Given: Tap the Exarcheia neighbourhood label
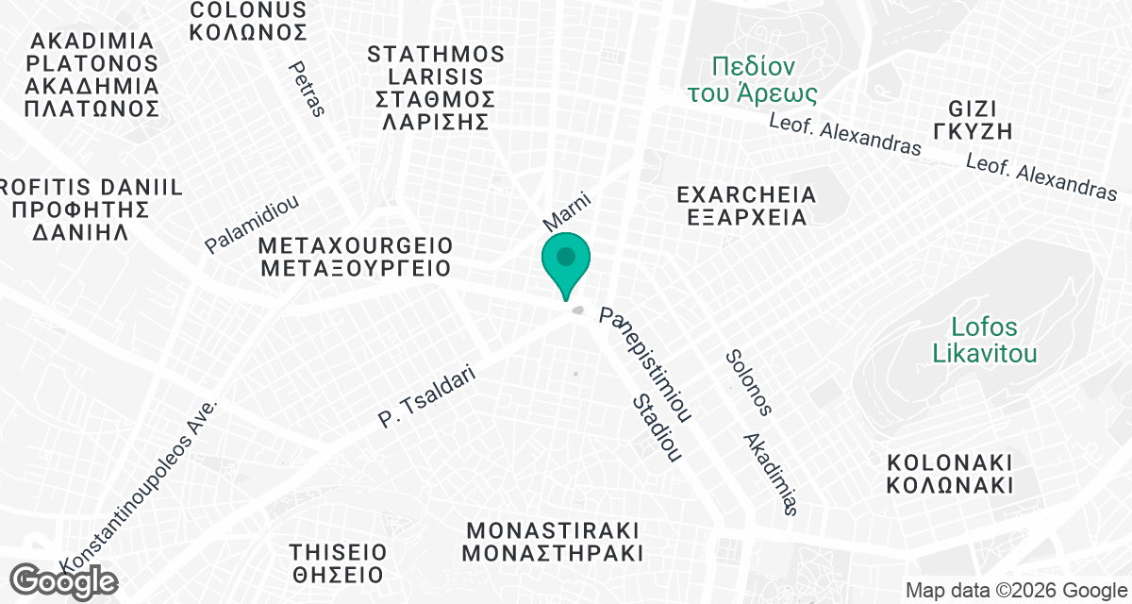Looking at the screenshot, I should pos(746,206).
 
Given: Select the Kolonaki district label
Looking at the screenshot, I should pos(950,474).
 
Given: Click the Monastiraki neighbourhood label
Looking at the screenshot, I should pos(552,540).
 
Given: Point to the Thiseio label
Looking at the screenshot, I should pos(337,562).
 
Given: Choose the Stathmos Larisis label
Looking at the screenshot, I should pos(435,88).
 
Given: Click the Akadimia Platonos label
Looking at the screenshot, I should pos(92,75).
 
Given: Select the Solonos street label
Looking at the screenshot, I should pos(749,382).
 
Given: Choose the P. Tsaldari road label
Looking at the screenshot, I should pos(427,398).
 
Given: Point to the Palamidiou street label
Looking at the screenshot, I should pos(252,224).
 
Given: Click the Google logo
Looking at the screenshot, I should pos(64,579).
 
